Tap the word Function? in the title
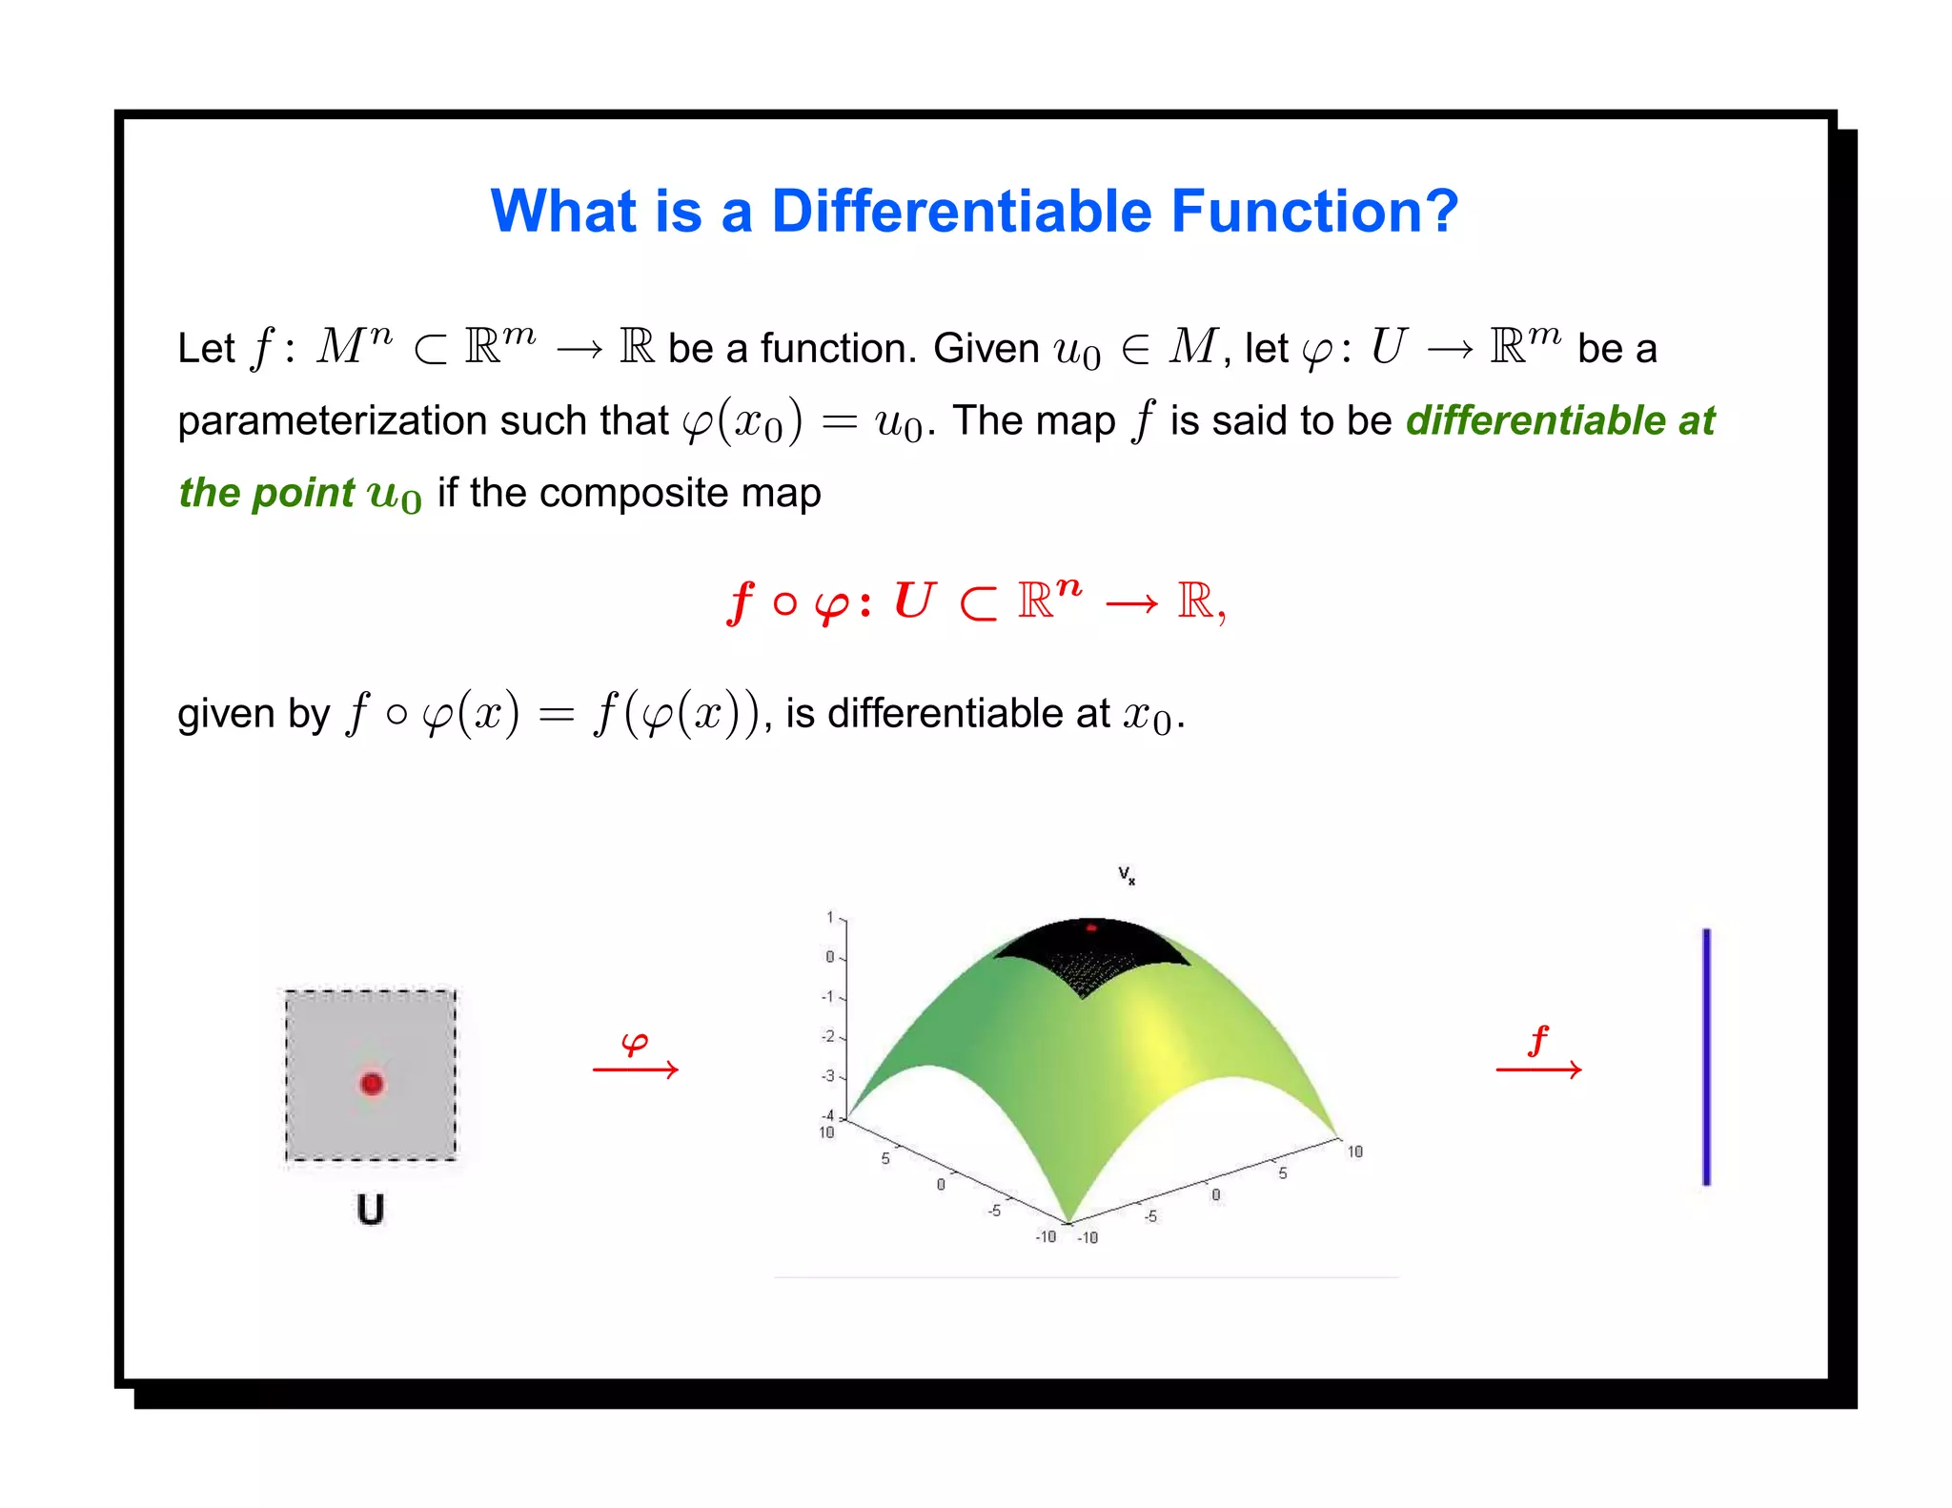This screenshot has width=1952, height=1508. coord(1314,211)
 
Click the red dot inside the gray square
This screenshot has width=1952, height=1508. coord(372,1083)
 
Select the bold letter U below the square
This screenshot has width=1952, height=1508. coord(370,1209)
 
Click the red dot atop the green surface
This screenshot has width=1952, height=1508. coord(1092,927)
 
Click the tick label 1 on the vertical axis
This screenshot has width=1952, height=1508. coord(829,917)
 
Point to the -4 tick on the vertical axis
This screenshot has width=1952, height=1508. coord(827,1115)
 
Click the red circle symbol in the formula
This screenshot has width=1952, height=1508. coord(784,603)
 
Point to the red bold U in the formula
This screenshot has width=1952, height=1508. coord(914,601)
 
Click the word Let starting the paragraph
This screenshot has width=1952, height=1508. coord(205,349)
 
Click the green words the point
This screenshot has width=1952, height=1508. coord(266,493)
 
